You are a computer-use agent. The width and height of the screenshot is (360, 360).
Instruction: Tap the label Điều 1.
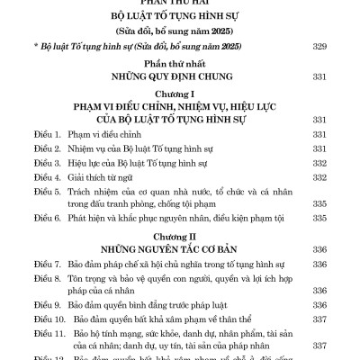pyautogui.click(x=39, y=133)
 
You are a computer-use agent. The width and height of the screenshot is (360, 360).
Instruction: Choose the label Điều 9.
pyautogui.click(x=39, y=298)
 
